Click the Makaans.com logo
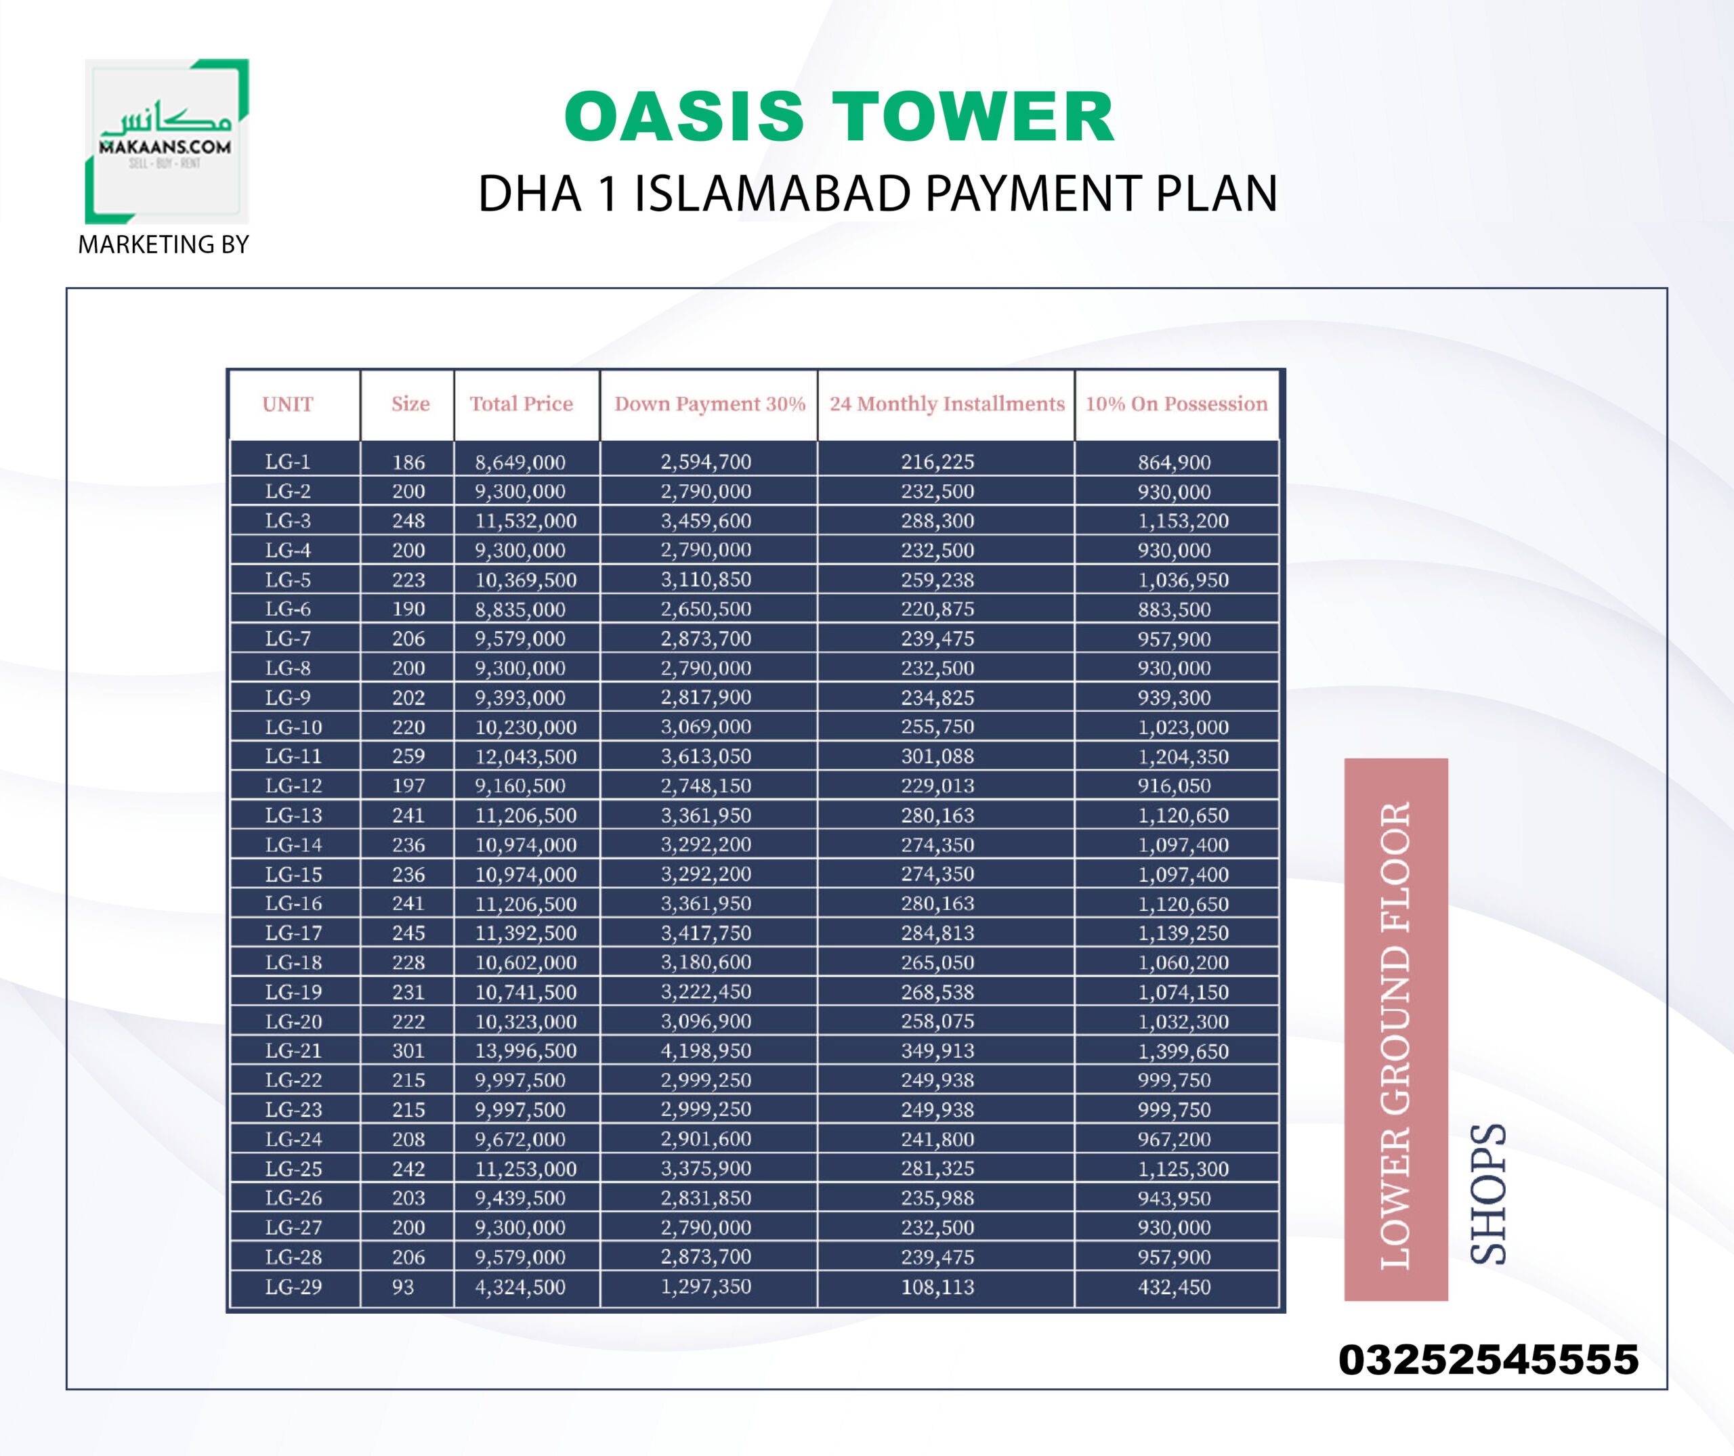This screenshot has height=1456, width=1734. click(167, 141)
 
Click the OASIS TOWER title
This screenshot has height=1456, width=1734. click(839, 116)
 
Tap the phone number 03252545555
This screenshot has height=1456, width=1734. click(1488, 1359)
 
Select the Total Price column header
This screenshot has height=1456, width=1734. click(521, 404)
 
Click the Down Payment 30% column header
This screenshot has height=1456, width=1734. click(709, 404)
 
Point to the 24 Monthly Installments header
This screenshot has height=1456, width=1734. click(947, 404)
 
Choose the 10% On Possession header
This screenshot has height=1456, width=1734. click(1176, 404)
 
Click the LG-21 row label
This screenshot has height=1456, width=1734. click(293, 1051)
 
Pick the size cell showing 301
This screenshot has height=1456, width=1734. click(408, 1051)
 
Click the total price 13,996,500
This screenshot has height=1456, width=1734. click(525, 1051)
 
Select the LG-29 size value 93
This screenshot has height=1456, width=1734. click(403, 1287)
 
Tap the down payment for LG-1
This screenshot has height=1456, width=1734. click(705, 463)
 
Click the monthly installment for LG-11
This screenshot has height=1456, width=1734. click(937, 756)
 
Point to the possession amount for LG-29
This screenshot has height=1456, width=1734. click(1173, 1287)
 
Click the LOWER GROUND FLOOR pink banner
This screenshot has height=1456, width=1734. click(1395, 1029)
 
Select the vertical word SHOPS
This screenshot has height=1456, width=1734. click(1489, 1193)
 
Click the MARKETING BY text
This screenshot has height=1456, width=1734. click(163, 244)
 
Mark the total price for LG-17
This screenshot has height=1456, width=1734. click(525, 933)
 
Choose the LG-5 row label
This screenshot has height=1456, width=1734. click(287, 580)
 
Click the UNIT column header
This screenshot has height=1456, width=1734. click(287, 404)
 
